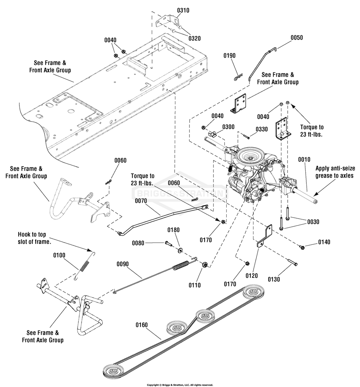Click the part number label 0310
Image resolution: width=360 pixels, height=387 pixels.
coord(183,10)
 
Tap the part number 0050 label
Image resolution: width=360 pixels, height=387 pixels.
coord(297,37)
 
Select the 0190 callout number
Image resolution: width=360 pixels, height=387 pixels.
coord(229,55)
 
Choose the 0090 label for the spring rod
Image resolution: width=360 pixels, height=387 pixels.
coord(123,264)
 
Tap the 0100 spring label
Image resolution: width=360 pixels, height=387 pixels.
coord(59,255)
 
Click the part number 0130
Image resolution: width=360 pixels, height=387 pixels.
coord(274,279)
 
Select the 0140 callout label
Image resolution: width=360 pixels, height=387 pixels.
coord(324,242)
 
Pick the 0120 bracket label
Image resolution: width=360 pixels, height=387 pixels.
coord(252,276)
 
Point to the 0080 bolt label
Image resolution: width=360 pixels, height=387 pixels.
coord(138,243)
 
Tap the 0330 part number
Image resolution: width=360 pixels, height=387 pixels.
coord(262,129)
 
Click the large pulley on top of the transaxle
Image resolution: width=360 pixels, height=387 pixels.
coord(251,155)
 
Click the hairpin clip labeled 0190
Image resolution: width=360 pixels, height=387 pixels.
coord(239,77)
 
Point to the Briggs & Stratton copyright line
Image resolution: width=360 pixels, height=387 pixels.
coord(180,385)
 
